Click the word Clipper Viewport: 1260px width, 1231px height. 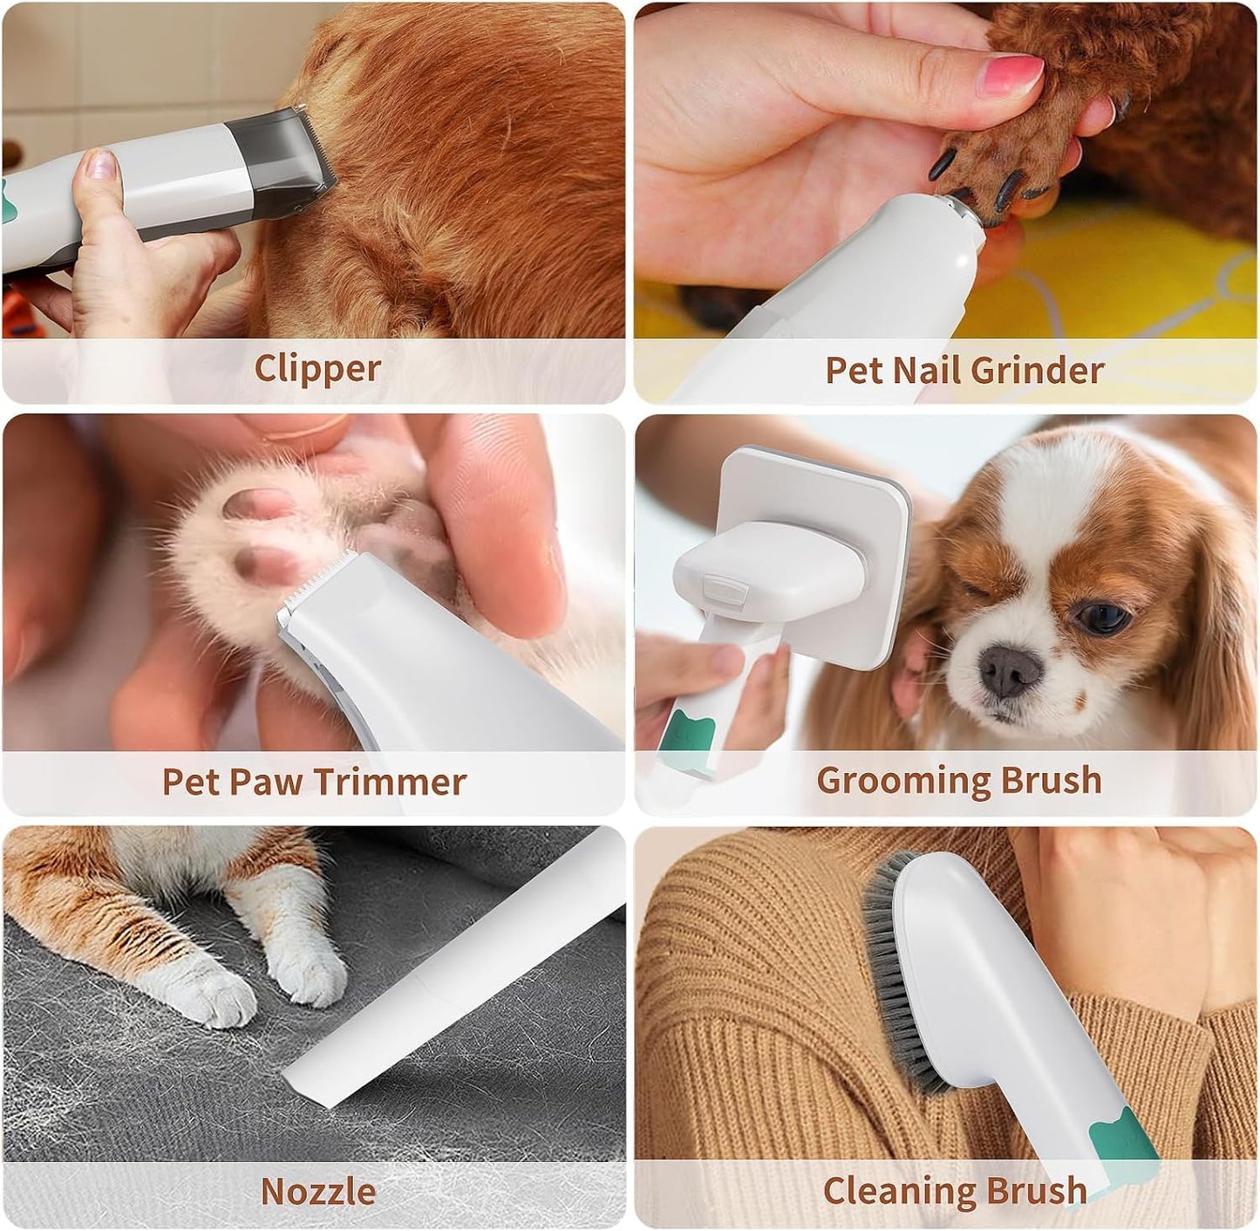[317, 368]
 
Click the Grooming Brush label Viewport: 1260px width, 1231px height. [958, 779]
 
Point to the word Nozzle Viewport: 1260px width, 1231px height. [317, 1191]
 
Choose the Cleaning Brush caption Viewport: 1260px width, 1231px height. [954, 1191]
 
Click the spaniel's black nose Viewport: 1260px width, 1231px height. [1009, 672]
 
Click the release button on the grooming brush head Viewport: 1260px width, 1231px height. [725, 593]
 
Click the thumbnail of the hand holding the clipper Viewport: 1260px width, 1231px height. [101, 164]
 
